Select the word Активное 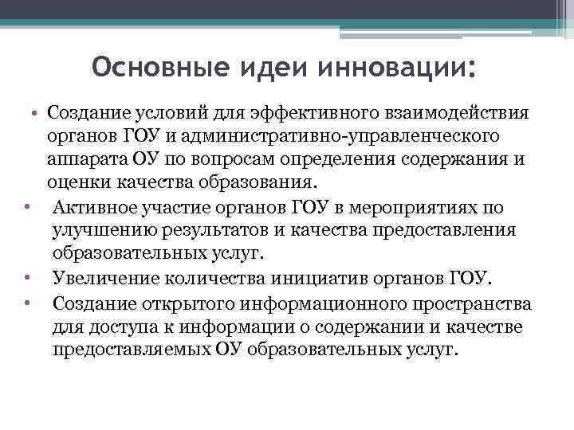pyautogui.click(x=89, y=208)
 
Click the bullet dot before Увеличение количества pyautogui.click(x=27, y=279)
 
